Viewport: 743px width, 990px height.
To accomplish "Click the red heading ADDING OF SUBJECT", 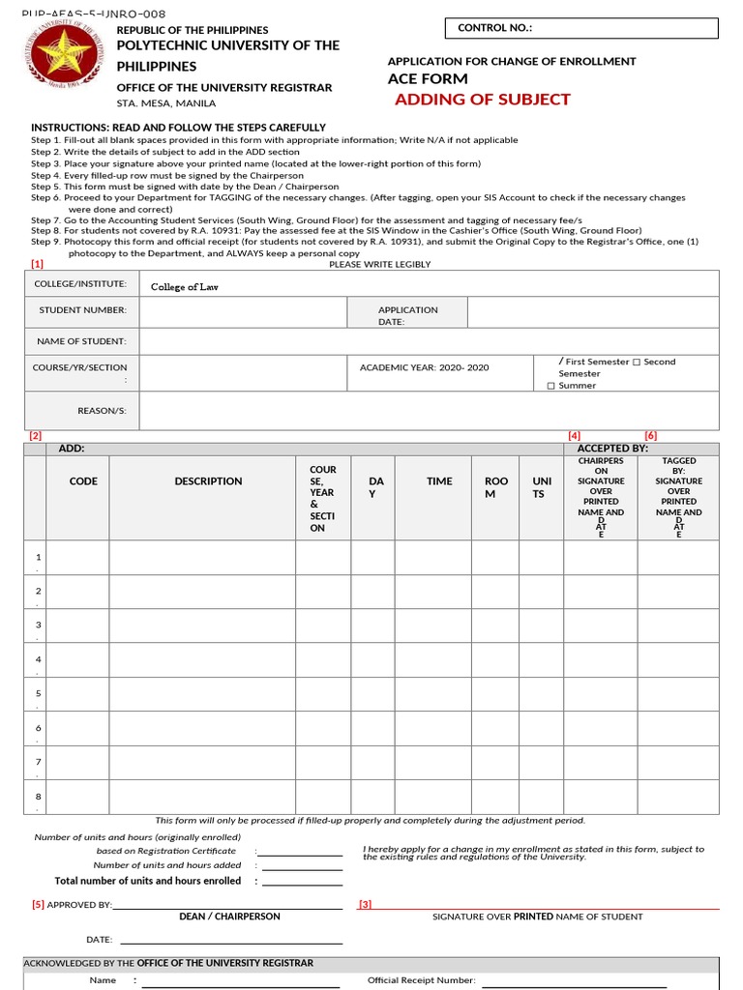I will [x=482, y=100].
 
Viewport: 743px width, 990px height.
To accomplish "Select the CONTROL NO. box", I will [x=581, y=28].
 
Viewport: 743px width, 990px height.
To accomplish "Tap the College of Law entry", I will [x=185, y=286].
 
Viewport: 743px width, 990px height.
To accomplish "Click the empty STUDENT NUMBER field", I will [x=243, y=311].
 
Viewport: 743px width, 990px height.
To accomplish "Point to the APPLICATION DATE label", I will [x=407, y=315].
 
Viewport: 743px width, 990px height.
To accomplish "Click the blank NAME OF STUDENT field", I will [x=429, y=341].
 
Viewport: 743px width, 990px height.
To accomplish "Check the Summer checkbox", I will [x=551, y=386].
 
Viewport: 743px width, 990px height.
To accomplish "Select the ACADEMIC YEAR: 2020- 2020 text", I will [x=424, y=367].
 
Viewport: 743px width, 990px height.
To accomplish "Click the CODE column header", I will [x=83, y=481].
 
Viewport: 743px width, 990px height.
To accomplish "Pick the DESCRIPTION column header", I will [x=208, y=481].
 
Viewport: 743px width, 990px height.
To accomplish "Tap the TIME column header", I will [x=439, y=481].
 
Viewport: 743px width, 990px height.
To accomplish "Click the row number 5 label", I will [x=38, y=693].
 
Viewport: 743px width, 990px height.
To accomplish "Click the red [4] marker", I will [x=574, y=436].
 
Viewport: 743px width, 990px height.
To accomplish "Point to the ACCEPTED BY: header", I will [x=612, y=449].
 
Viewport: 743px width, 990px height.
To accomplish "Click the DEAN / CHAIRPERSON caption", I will [x=229, y=917].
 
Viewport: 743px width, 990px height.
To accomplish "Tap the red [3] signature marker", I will [x=365, y=905].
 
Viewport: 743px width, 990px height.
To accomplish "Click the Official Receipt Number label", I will [x=421, y=980].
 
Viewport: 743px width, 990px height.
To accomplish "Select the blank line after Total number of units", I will [x=302, y=882].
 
